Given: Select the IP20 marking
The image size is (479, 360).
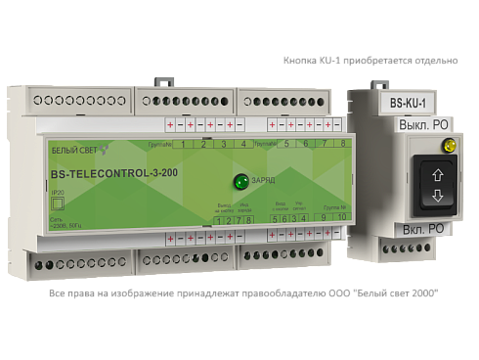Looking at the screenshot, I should [57, 193].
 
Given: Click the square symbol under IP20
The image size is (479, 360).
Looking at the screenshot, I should [57, 205].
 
